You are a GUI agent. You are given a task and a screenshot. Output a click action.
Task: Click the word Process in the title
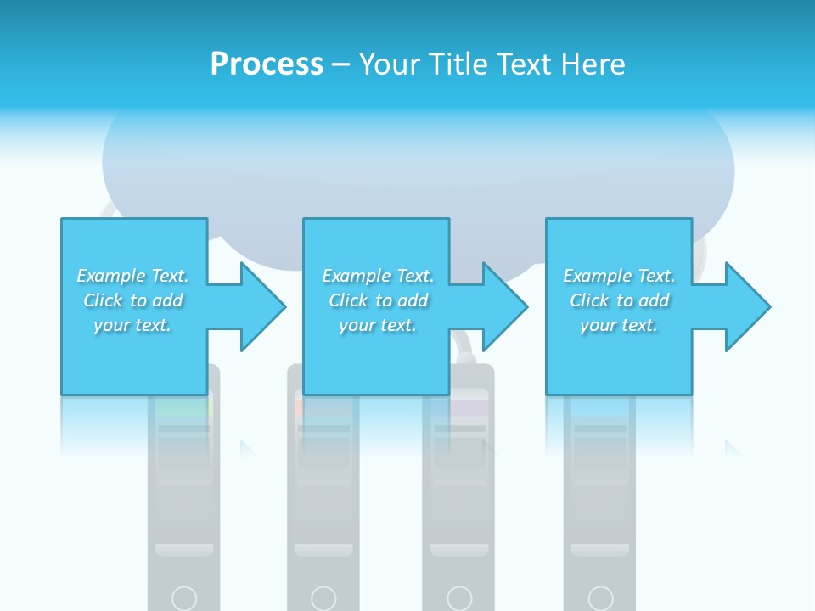[267, 64]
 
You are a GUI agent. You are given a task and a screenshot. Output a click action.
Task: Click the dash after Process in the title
[341, 65]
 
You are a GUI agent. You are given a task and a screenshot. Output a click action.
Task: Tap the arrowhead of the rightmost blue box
[746, 306]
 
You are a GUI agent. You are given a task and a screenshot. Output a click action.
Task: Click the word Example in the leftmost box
[110, 276]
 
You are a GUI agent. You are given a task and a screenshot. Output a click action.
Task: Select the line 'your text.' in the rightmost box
[619, 325]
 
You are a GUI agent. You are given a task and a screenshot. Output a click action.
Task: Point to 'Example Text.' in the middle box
[378, 276]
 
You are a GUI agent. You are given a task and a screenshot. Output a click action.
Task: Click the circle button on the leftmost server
[184, 597]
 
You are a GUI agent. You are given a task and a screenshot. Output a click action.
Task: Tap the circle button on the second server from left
[323, 597]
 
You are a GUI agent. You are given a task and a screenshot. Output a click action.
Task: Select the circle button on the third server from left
[459, 597]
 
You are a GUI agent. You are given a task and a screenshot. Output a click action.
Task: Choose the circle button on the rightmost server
[600, 597]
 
